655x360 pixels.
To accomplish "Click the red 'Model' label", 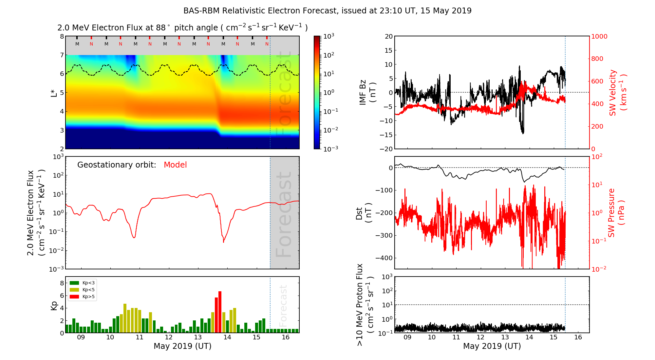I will (175, 165).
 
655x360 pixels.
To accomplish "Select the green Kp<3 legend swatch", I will (74, 283).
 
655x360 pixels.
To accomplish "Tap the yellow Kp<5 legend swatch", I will (74, 290).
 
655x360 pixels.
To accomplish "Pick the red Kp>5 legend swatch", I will (74, 297).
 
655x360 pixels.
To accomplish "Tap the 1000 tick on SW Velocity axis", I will (599, 37).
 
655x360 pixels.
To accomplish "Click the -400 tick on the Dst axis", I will (384, 258).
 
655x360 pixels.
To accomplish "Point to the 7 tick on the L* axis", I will (62, 55).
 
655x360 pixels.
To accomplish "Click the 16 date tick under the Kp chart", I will (286, 337).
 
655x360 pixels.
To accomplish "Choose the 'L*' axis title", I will (54, 93).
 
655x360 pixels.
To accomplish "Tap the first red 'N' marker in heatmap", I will (91, 44).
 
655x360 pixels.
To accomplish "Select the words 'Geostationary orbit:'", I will (117, 165).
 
